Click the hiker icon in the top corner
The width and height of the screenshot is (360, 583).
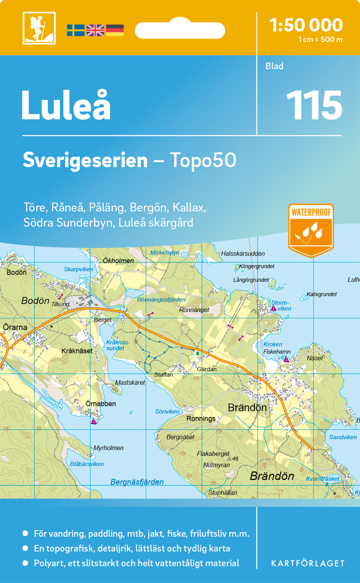coord(39,28)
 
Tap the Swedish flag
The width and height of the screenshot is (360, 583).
coord(75,30)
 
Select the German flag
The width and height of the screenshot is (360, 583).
coord(115,30)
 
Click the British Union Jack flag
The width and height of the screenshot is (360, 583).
coord(95,30)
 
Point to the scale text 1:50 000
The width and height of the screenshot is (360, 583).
coord(306,25)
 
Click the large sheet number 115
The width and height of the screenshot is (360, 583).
coord(314,105)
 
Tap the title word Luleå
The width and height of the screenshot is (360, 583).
coord(66,105)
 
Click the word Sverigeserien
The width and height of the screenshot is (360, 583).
coord(85,160)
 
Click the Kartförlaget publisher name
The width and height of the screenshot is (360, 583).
coord(308,564)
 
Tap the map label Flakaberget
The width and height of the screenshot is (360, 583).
coord(213,454)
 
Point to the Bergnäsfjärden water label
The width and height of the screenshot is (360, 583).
coord(137,482)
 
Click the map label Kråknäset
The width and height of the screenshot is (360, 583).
coord(77,351)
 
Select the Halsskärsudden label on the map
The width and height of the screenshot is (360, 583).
coord(243,253)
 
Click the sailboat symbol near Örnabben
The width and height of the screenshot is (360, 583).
coord(94,421)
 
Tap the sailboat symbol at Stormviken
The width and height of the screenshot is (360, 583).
coord(274,308)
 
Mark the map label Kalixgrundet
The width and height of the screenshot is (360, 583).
coord(322,294)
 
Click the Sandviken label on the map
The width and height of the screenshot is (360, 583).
coord(343,437)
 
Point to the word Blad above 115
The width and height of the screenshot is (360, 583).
coord(274,66)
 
